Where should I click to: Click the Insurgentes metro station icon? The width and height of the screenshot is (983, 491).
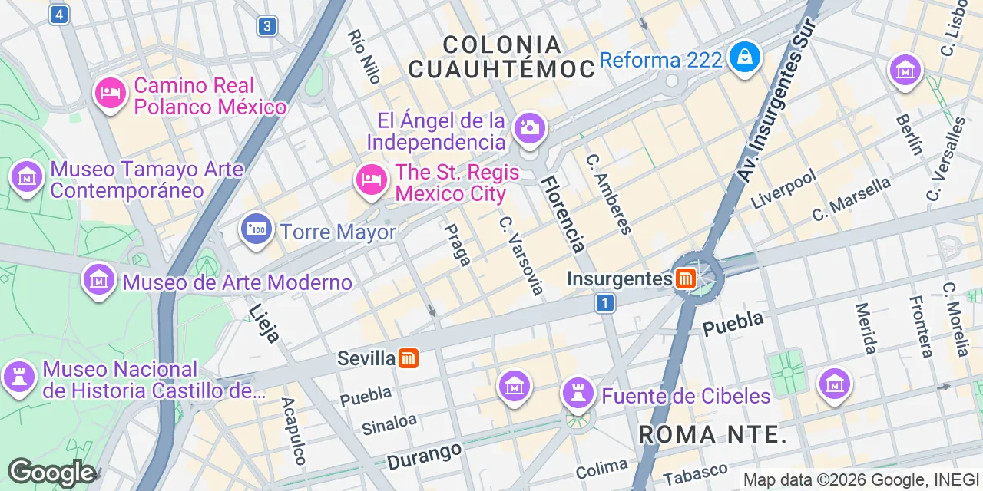pos(685,278)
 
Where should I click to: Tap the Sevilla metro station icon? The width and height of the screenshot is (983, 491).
pos(409,358)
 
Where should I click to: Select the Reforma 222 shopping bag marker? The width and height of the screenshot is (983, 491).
pos(745,56)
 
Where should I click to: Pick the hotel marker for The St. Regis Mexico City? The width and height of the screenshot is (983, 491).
pos(371,180)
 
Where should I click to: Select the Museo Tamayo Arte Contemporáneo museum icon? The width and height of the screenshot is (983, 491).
pos(27,176)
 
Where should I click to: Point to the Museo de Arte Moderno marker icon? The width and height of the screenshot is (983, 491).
pos(99,280)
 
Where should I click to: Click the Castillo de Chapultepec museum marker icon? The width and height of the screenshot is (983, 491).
pos(19,377)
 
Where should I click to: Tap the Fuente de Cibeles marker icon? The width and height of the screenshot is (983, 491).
pos(578,394)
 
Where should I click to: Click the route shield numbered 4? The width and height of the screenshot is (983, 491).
pos(58,14)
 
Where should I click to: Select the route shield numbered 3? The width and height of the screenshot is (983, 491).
pos(266,27)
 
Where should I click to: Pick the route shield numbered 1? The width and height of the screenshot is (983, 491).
pos(605,304)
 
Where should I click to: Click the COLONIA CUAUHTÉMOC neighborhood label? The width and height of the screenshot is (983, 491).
pos(501,57)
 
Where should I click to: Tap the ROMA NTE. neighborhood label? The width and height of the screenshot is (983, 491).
pos(713,435)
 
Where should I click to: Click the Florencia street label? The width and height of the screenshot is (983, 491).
pos(564,214)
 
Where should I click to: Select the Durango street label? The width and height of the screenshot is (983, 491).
pos(424,455)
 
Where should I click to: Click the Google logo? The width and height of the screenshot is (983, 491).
pos(51,473)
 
